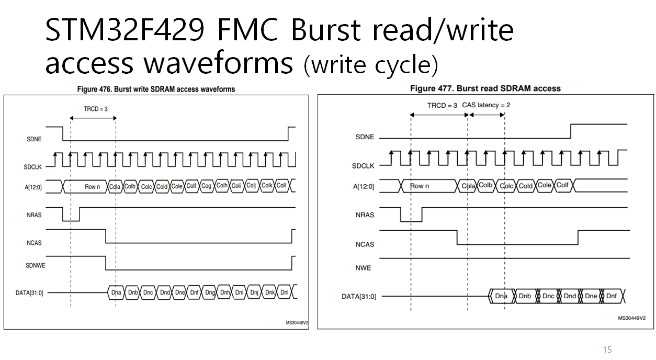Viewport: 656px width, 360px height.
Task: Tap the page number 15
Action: coord(607,350)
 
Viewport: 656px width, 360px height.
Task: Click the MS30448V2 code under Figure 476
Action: coord(297,323)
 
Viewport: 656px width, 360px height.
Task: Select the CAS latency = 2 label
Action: coord(486,105)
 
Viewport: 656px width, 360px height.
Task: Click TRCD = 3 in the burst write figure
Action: coord(96,109)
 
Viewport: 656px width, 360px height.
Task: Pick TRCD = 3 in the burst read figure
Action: coord(442,105)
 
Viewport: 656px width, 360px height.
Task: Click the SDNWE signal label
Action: coord(36,265)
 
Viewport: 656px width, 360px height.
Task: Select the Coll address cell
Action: coord(281,186)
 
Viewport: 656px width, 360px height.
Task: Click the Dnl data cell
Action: coord(285,292)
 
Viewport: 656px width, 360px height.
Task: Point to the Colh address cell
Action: coord(222,186)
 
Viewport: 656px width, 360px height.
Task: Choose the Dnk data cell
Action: coord(269,292)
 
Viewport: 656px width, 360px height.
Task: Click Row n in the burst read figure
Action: coord(420,186)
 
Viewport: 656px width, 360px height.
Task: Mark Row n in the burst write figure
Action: coord(92,186)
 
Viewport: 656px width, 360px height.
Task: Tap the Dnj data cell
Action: coord(254,292)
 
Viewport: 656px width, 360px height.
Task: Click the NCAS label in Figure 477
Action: coord(365,244)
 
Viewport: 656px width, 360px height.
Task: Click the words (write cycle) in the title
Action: coord(370,65)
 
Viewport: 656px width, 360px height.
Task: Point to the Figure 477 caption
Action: coord(485,88)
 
